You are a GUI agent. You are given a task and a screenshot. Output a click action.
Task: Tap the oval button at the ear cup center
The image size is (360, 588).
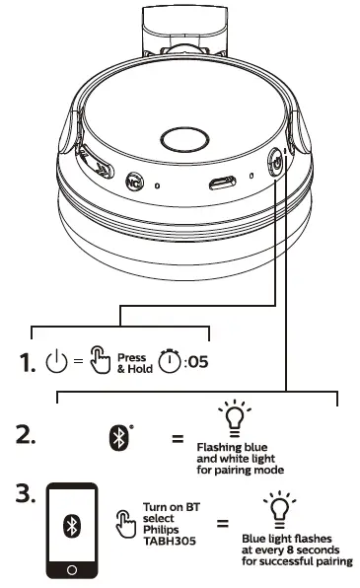tap(180, 139)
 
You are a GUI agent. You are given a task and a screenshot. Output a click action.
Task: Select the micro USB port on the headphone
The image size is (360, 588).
tap(219, 184)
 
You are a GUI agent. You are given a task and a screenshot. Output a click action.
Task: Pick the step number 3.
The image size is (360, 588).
tap(28, 494)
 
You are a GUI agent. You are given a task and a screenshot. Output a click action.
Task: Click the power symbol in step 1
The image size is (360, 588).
tap(56, 363)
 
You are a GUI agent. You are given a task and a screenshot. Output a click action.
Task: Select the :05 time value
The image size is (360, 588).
tap(196, 362)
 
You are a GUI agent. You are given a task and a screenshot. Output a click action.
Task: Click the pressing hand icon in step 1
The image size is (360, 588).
tap(99, 362)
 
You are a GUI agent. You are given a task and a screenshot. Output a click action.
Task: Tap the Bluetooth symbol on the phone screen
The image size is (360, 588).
tap(70, 523)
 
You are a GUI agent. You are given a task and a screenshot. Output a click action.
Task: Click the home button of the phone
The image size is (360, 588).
tap(70, 569)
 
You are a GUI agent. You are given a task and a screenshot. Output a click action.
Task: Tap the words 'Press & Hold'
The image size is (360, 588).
tap(132, 363)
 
